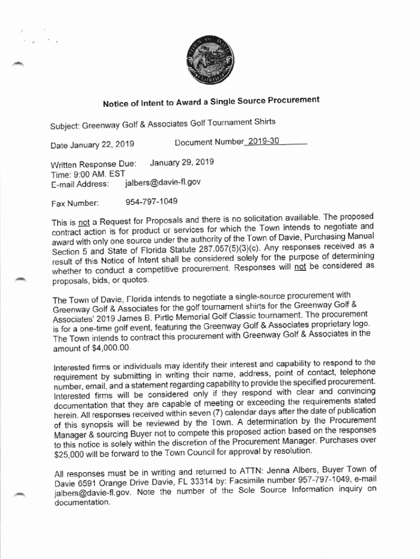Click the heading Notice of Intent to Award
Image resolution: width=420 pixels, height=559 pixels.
(211, 102)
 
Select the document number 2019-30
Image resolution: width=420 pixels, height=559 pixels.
(262, 141)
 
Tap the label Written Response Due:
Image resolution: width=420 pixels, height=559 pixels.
(89, 164)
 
